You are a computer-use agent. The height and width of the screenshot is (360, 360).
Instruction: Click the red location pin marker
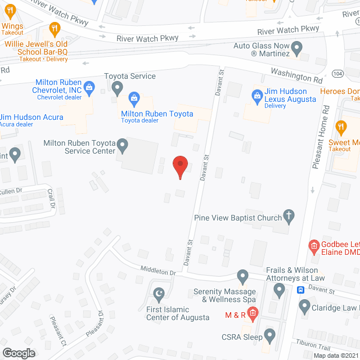click(x=179, y=166)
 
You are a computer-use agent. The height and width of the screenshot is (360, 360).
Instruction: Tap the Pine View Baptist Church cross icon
click(x=289, y=215)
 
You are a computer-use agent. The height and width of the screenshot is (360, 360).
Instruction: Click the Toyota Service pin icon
click(x=117, y=87)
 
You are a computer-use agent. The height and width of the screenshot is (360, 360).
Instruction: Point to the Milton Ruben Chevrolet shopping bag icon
click(x=89, y=88)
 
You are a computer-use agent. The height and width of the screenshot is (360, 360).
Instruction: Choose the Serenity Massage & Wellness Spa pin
click(x=242, y=276)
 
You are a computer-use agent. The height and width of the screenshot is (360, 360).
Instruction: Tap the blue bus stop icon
click(x=300, y=290)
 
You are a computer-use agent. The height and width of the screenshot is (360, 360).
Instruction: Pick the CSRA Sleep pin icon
click(x=270, y=335)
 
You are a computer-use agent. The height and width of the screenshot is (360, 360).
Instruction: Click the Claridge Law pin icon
click(x=304, y=307)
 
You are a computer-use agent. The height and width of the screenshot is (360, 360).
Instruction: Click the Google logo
click(x=19, y=353)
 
